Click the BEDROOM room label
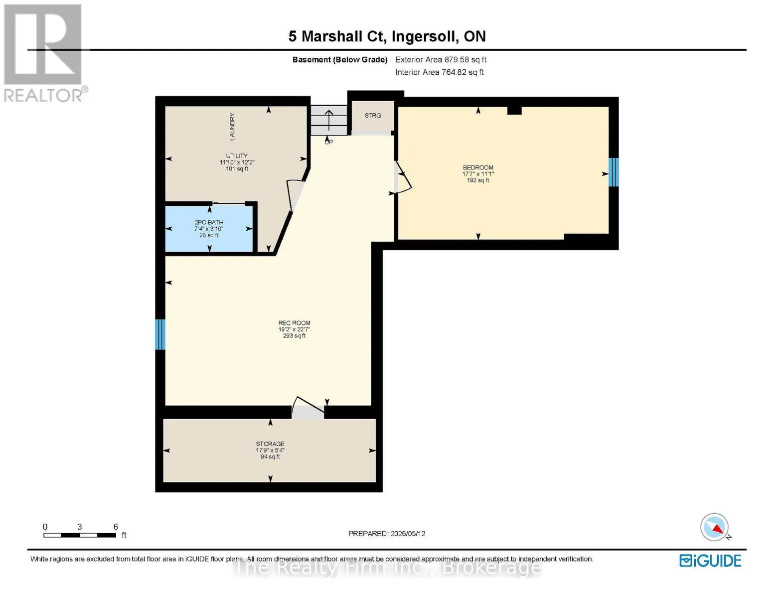(x=477, y=167)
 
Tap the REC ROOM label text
(x=294, y=323)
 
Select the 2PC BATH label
(x=209, y=222)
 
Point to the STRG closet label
(x=373, y=116)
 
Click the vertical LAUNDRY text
(x=232, y=127)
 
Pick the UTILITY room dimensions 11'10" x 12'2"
(x=237, y=162)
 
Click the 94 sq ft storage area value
(x=270, y=456)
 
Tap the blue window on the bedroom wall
(x=614, y=172)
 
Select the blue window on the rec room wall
(x=160, y=334)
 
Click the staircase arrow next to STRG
(x=328, y=121)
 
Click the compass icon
(x=714, y=527)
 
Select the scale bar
(x=80, y=535)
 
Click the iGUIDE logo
(x=710, y=561)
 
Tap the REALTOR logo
(x=44, y=53)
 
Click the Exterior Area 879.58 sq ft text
(x=441, y=59)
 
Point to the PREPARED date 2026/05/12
(x=408, y=534)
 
